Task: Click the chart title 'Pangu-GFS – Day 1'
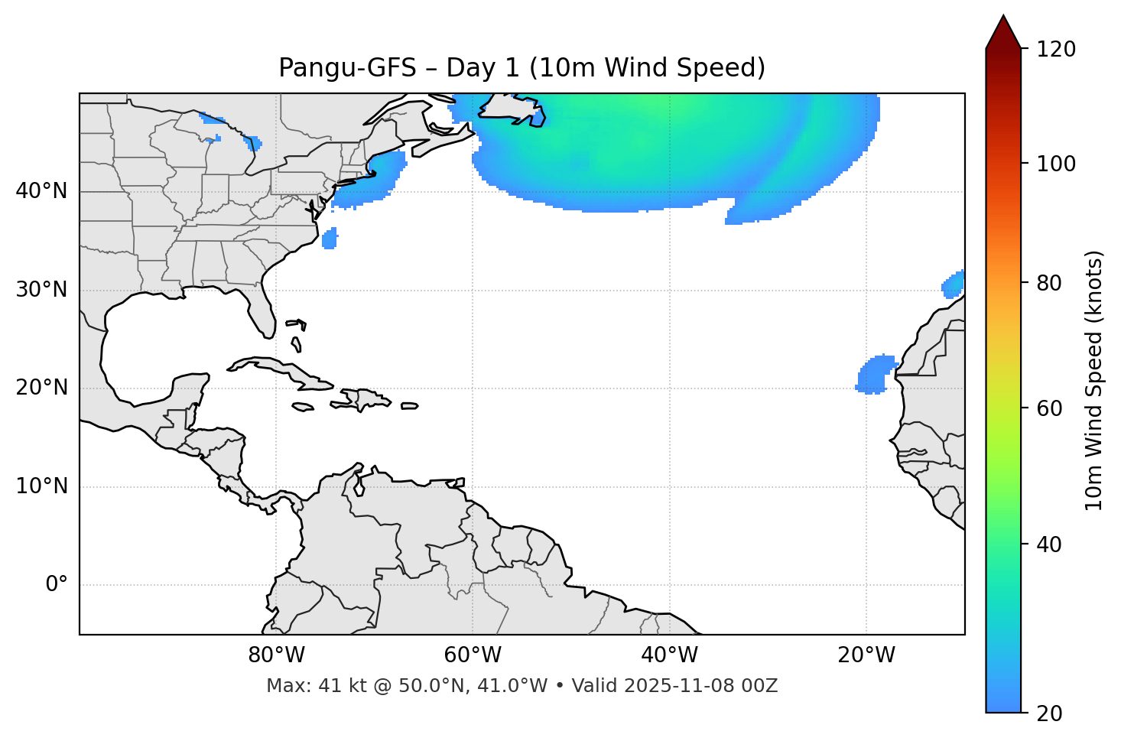pyautogui.click(x=522, y=68)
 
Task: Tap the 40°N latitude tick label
pyautogui.click(x=41, y=191)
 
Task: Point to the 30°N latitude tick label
pyautogui.click(x=41, y=290)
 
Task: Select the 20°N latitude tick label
pyautogui.click(x=41, y=388)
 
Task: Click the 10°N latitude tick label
pyautogui.click(x=41, y=486)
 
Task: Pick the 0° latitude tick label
pyautogui.click(x=57, y=585)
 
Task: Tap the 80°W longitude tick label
pyautogui.click(x=276, y=655)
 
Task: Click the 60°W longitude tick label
pyautogui.click(x=473, y=655)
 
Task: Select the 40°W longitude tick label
pyautogui.click(x=670, y=655)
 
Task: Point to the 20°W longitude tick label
pyautogui.click(x=866, y=655)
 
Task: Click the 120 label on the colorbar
pyautogui.click(x=1055, y=50)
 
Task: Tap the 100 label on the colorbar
pyautogui.click(x=1055, y=164)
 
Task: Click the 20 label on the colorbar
pyautogui.click(x=1050, y=713)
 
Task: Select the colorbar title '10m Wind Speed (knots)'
pyautogui.click(x=1094, y=380)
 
